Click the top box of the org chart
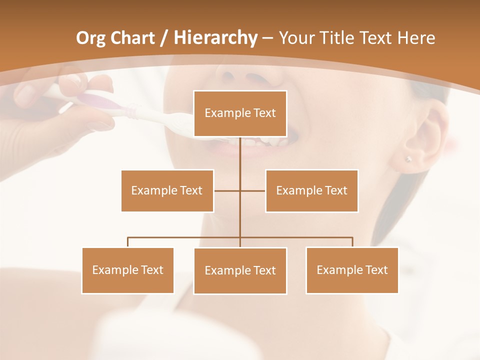click(240, 113)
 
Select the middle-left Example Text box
click(167, 190)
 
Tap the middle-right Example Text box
click(311, 190)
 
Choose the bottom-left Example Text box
click(127, 270)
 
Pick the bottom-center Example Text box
click(240, 270)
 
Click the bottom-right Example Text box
click(352, 270)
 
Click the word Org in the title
click(90, 38)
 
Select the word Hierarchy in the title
click(215, 38)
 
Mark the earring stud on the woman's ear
click(408, 159)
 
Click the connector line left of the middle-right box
click(253, 190)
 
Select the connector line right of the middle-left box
click(227, 190)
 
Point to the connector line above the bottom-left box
click(128, 242)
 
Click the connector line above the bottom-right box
click(352, 242)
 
